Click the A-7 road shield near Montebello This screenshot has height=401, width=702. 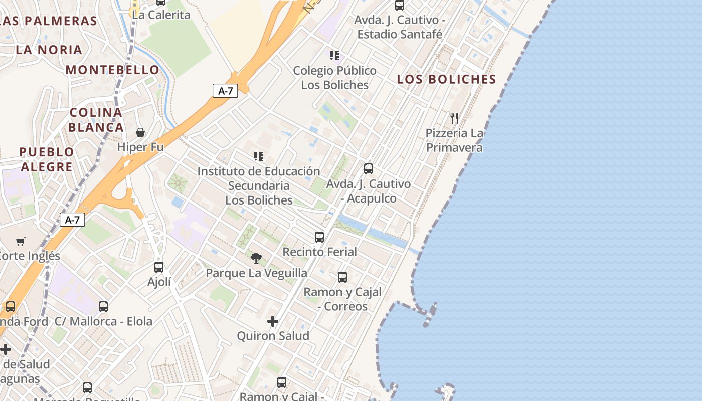(x=225, y=91)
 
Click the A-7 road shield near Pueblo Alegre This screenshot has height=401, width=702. (x=72, y=220)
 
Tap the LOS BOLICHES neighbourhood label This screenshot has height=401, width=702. (x=446, y=79)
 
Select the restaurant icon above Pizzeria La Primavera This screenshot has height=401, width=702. (x=454, y=118)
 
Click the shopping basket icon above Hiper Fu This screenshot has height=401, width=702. (x=140, y=132)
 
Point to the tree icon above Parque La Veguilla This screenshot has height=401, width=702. (x=256, y=258)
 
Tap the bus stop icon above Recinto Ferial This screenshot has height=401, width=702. (x=319, y=237)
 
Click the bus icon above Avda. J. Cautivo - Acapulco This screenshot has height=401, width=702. (x=369, y=169)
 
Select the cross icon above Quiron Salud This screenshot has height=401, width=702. (x=273, y=321)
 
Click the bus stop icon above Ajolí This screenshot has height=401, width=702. (x=159, y=267)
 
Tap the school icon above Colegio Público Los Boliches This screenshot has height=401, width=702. (x=334, y=55)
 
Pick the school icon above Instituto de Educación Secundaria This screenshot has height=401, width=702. (x=258, y=156)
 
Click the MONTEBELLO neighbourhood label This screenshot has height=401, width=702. (x=112, y=70)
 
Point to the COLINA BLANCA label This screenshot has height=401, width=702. (x=96, y=120)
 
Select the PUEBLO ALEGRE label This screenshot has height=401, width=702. (x=46, y=159)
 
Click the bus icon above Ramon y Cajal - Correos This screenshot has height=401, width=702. (x=342, y=277)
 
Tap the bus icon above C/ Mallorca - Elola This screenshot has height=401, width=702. (x=103, y=306)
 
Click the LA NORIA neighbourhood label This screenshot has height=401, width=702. (x=49, y=50)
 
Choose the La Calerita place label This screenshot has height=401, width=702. (x=161, y=15)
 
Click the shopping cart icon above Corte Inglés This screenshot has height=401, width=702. (x=21, y=242)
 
